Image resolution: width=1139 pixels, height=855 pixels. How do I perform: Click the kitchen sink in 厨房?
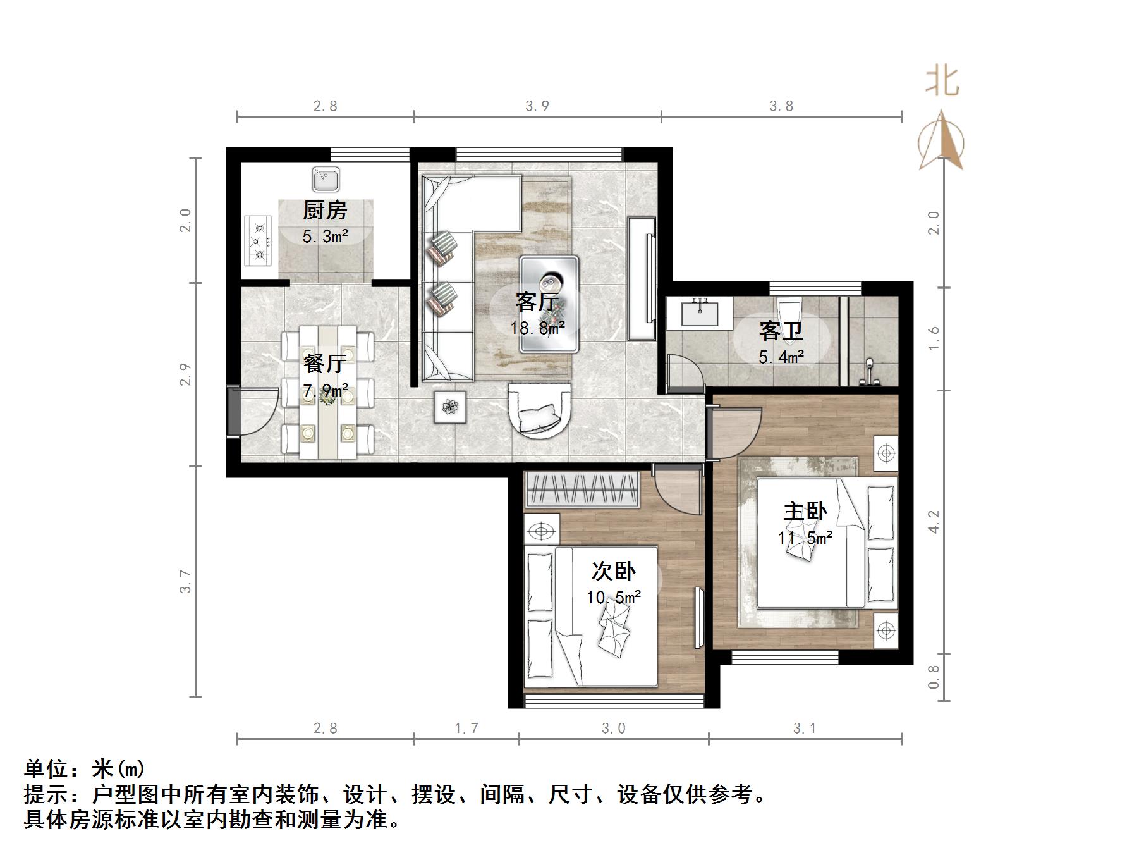pyautogui.click(x=326, y=180)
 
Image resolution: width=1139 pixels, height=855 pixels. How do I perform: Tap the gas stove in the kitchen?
pyautogui.click(x=258, y=241)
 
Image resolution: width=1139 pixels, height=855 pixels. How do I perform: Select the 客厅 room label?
pyautogui.click(x=536, y=302)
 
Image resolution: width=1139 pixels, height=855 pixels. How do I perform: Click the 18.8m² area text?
pyautogui.click(x=537, y=328)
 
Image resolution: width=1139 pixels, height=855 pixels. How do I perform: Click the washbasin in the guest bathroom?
pyautogui.click(x=700, y=313)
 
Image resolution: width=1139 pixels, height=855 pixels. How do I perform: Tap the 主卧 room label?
pyautogui.click(x=805, y=511)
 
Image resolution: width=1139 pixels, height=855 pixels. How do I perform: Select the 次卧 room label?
pyautogui.click(x=613, y=571)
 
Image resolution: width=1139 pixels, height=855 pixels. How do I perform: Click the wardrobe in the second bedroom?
pyautogui.click(x=582, y=489)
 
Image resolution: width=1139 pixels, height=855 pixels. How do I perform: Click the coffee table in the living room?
pyautogui.click(x=549, y=304)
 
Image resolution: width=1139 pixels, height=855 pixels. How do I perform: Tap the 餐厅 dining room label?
pyautogui.click(x=324, y=364)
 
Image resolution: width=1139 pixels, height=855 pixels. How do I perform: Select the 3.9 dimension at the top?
pyautogui.click(x=537, y=106)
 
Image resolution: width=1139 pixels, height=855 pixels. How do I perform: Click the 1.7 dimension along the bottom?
pyautogui.click(x=466, y=729)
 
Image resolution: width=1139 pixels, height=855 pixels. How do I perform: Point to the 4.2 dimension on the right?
pyautogui.click(x=934, y=522)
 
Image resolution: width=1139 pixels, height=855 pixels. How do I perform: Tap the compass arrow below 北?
pyautogui.click(x=942, y=142)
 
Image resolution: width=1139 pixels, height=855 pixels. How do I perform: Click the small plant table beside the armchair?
pyautogui.click(x=450, y=407)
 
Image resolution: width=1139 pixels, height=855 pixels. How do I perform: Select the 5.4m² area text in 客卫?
pyautogui.click(x=781, y=357)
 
